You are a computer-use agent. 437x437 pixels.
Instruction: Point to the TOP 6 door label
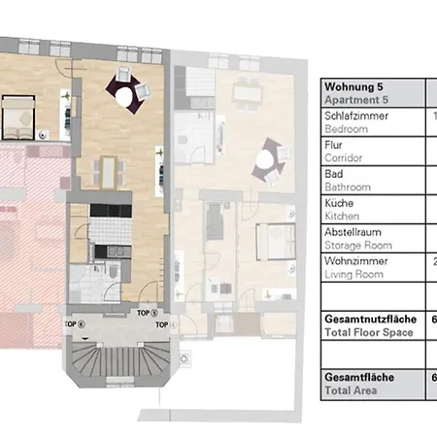(x=74, y=323)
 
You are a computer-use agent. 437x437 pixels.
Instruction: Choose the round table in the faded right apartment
(x=269, y=160)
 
